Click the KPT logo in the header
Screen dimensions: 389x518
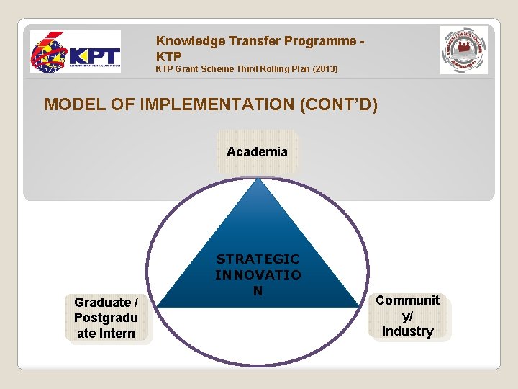(x=75, y=53)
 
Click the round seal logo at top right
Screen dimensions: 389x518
(x=463, y=50)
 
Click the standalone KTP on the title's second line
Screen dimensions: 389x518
(x=169, y=56)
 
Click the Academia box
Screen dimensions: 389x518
(x=257, y=152)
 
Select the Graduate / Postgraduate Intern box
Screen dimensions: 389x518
(x=106, y=318)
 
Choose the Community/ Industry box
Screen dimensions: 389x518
(x=407, y=316)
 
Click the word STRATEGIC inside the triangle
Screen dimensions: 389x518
(x=258, y=259)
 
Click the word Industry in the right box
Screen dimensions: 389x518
(x=407, y=331)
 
